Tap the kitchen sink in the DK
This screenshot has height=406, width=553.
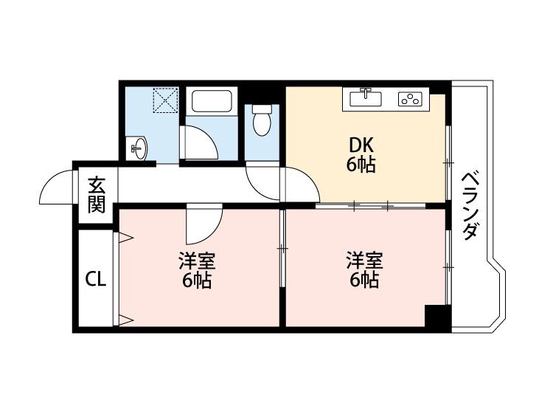(362, 97)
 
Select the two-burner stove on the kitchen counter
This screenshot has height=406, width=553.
(409, 98)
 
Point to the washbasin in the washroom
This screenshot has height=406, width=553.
(138, 149)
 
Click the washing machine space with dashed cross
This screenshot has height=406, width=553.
(165, 100)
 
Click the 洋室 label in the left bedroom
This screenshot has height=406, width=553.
(196, 261)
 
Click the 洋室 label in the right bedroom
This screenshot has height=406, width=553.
(365, 260)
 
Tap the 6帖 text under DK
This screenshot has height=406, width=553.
(361, 164)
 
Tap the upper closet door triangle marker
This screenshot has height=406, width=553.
(125, 238)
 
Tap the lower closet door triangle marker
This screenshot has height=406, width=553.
(125, 320)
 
